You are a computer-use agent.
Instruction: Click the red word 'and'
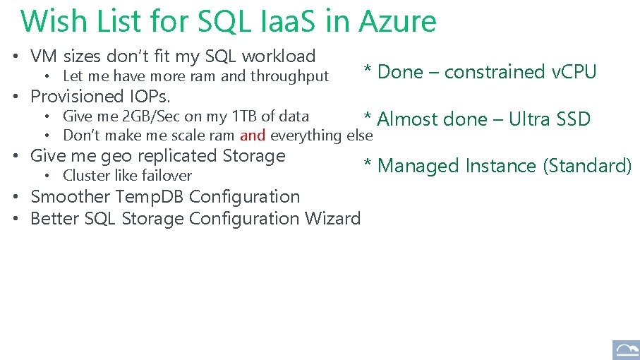click(253, 136)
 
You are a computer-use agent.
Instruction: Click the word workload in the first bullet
click(278, 56)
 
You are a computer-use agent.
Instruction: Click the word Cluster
click(86, 176)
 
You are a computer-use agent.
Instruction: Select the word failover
click(167, 176)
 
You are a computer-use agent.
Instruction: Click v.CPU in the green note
click(574, 72)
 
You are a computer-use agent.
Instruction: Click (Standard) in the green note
click(587, 166)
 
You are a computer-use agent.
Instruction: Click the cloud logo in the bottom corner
click(625, 349)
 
